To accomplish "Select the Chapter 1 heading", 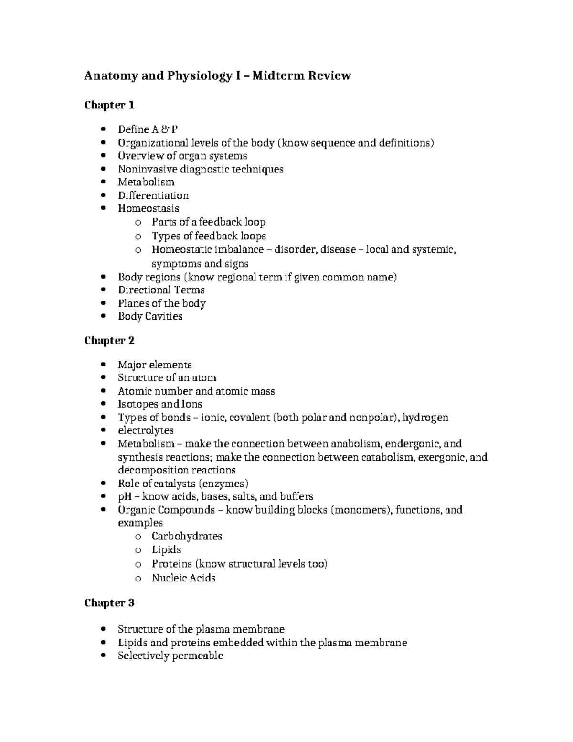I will (109, 105).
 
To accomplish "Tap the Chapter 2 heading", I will (109, 340).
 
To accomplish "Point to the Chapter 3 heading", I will (109, 603).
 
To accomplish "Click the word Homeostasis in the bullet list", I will (149, 208).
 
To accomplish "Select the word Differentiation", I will (153, 195).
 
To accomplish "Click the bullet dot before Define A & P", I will (105, 130).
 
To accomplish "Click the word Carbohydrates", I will (187, 536).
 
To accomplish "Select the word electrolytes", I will (146, 430).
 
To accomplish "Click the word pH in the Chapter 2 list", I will (125, 496).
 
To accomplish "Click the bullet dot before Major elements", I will (105, 365).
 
